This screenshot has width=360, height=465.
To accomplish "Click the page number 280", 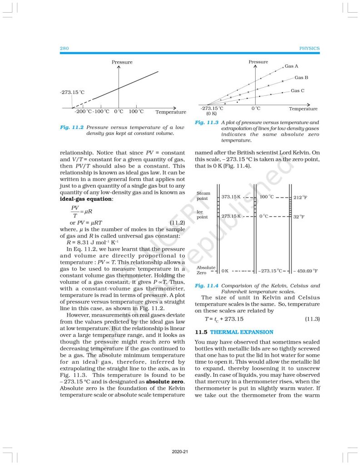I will (64, 48).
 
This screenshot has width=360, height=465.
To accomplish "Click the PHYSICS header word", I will (309, 48).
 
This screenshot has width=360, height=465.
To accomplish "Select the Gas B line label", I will (301, 78).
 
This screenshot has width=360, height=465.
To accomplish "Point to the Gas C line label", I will (297, 91).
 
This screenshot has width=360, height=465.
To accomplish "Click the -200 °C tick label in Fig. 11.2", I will (83, 111).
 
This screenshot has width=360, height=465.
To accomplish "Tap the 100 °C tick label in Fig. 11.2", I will (136, 111).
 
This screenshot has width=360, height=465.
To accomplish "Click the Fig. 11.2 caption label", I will (71, 128).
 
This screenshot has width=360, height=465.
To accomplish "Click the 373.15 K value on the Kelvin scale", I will (231, 197).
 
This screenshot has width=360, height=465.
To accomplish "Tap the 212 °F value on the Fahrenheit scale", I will (301, 198).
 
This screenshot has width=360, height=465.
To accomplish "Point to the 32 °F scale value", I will (299, 217).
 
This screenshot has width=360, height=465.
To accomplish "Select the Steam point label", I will (202, 196).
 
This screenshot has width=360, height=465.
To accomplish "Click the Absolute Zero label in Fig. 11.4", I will (206, 270).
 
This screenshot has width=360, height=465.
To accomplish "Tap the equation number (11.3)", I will (312, 319).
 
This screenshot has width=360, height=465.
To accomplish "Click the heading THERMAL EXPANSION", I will (242, 332).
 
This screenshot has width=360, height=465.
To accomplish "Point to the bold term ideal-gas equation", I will (86, 199).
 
